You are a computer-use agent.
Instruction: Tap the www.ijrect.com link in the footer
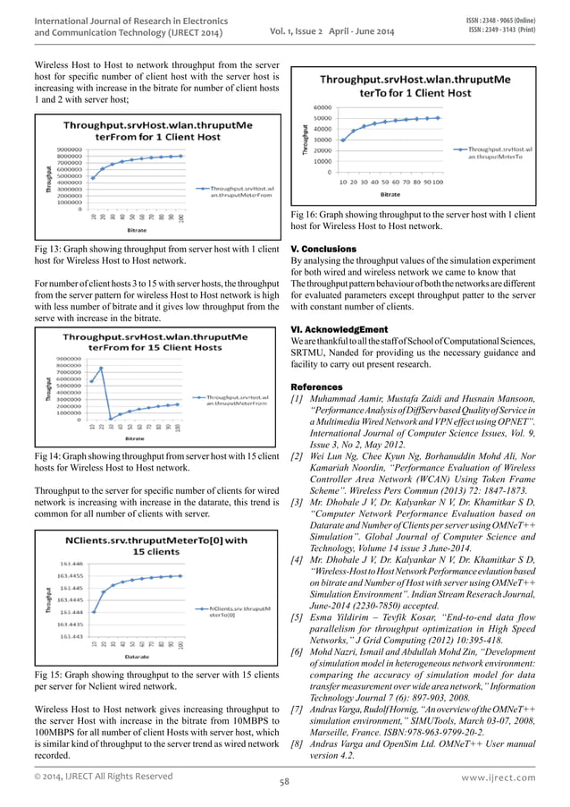pos(505,778)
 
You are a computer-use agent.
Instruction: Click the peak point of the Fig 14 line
pos(102,368)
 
